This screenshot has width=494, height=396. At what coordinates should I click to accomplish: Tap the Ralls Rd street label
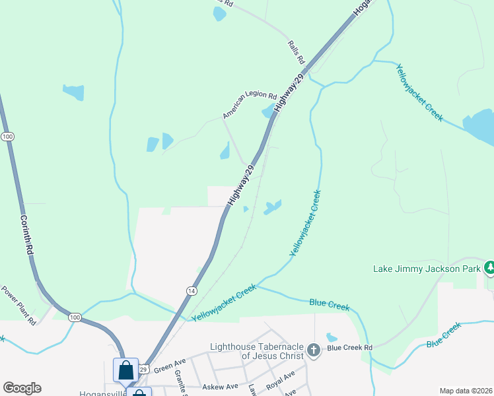[x=297, y=52]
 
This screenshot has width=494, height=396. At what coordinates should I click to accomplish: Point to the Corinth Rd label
[x=26, y=234]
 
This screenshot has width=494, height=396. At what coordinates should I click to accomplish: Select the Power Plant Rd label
[x=18, y=305]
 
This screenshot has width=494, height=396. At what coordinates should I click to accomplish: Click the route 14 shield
[x=192, y=290]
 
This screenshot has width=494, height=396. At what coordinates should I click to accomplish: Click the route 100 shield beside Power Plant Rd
[x=75, y=318]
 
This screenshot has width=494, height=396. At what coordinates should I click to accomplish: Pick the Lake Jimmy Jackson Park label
[x=427, y=269]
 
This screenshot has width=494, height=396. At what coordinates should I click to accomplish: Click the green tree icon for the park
[x=489, y=268]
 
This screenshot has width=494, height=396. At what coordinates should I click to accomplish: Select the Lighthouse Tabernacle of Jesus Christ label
[x=257, y=351]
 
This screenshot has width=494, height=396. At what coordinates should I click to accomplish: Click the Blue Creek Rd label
[x=350, y=347]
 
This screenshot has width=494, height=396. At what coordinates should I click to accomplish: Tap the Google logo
[x=22, y=388]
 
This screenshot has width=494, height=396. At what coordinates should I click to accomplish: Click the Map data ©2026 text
[x=466, y=391]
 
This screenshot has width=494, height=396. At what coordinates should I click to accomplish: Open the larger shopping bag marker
[x=125, y=370]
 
